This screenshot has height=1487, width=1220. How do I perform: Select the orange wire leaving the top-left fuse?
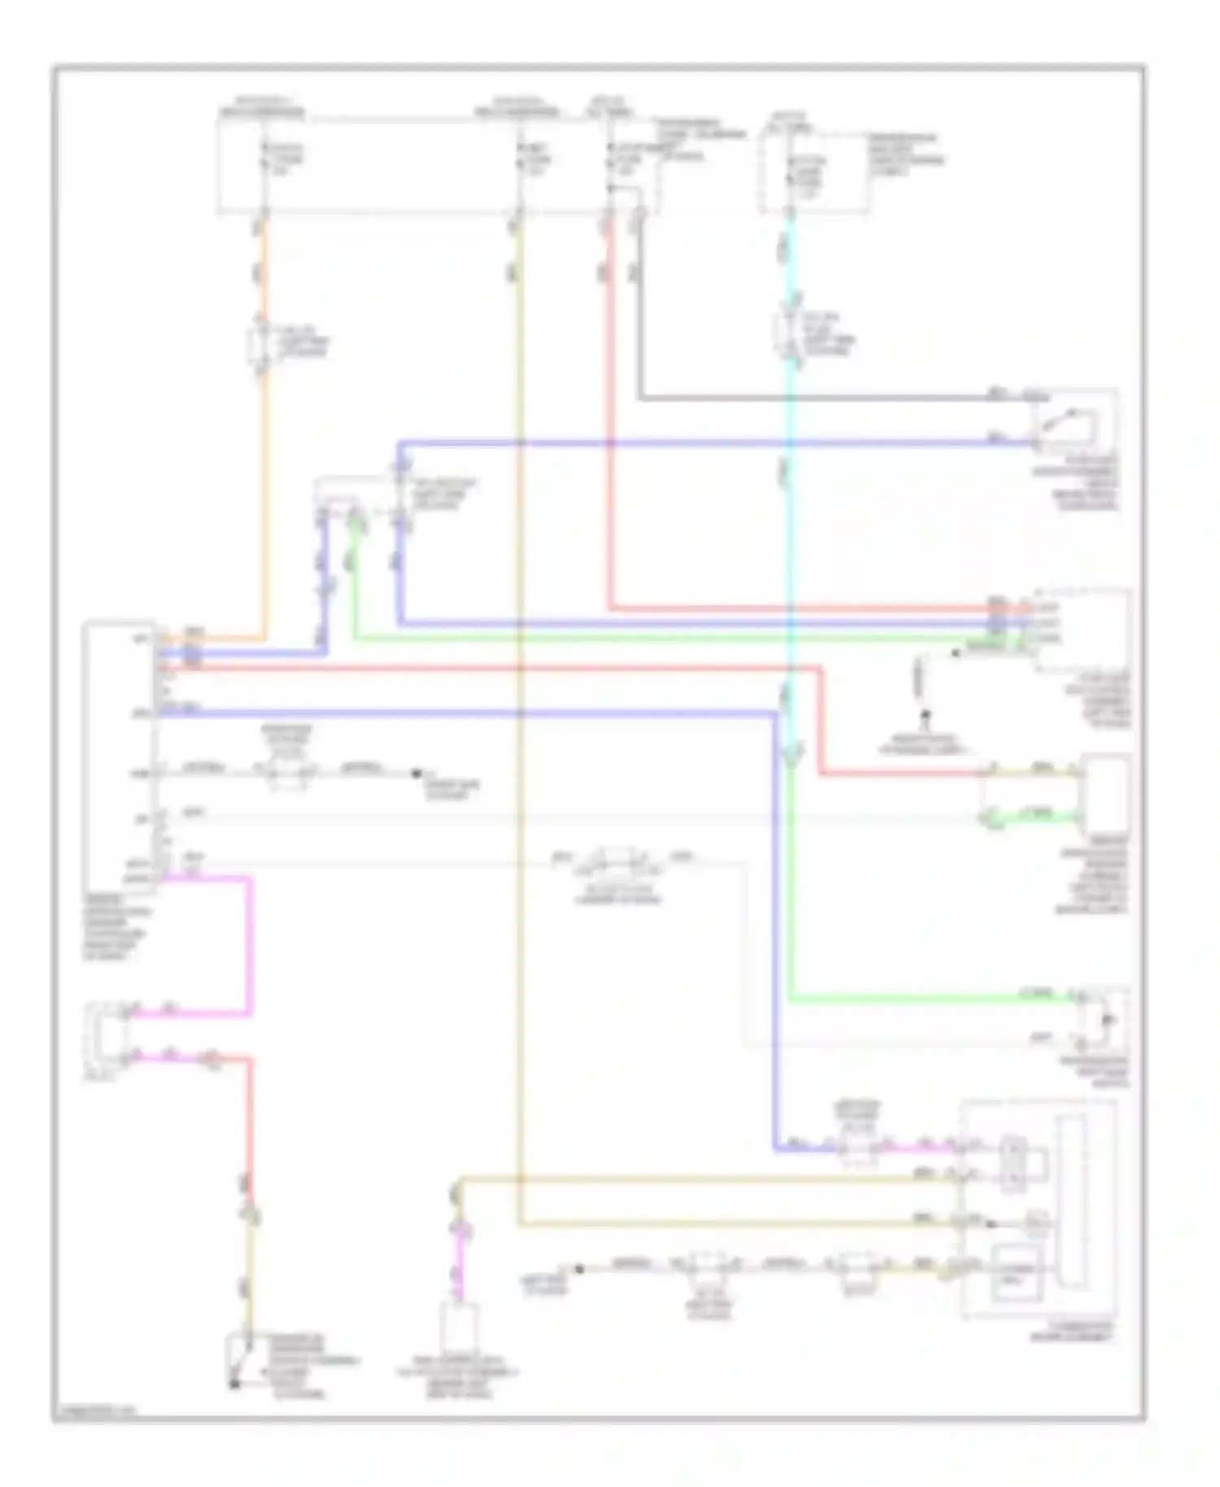(x=264, y=488)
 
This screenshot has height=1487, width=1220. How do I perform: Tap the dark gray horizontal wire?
(x=813, y=399)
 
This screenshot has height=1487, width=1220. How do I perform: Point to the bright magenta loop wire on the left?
(x=247, y=944)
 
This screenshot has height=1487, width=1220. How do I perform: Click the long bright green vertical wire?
(x=790, y=895)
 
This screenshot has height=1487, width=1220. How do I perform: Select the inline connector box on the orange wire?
(x=259, y=347)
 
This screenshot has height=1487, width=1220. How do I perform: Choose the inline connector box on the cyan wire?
(x=786, y=334)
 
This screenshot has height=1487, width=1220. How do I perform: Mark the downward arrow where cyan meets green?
(x=791, y=756)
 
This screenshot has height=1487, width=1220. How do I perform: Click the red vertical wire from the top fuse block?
(x=609, y=407)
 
